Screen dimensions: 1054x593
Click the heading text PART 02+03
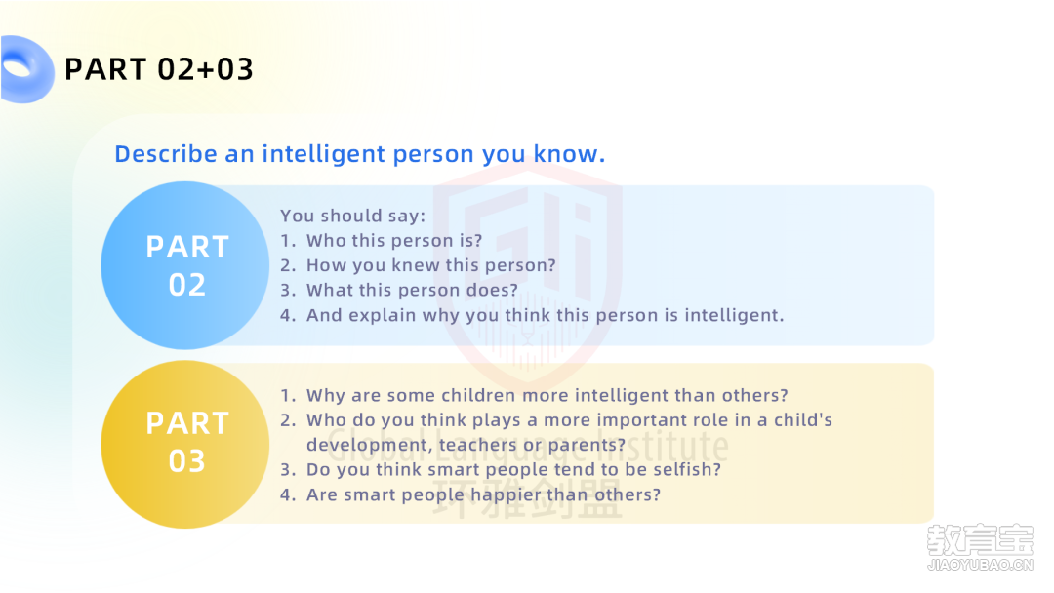(x=159, y=69)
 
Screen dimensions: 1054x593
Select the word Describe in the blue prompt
(x=166, y=154)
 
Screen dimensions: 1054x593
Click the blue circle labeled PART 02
(x=184, y=265)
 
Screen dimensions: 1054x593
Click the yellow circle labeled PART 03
(x=184, y=444)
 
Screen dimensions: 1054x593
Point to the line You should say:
(x=353, y=216)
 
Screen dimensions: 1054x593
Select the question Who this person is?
(x=394, y=241)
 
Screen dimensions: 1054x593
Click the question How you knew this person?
(x=431, y=265)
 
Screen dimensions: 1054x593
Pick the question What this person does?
(x=412, y=290)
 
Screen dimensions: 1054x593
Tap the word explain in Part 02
(x=382, y=316)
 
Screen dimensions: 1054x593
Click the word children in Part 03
(x=478, y=395)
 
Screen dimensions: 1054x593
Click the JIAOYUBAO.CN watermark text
(x=980, y=565)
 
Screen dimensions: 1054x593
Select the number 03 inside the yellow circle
(x=186, y=461)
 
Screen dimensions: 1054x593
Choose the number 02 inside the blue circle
(x=186, y=285)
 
